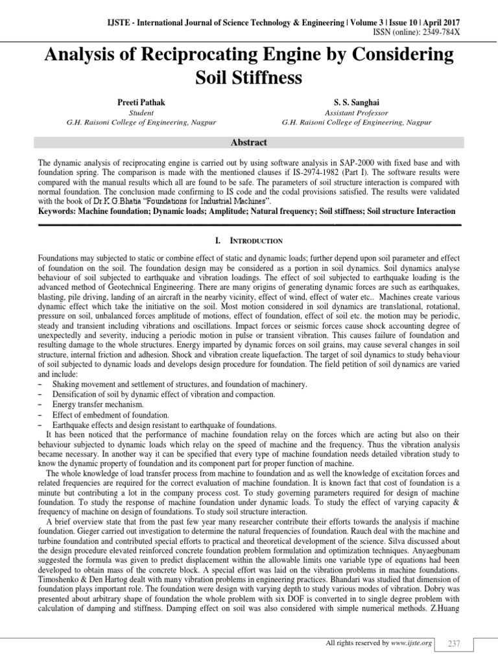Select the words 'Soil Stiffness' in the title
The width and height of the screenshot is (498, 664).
(249, 78)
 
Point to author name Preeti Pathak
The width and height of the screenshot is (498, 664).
(142, 102)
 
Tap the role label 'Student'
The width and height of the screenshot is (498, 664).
(141, 112)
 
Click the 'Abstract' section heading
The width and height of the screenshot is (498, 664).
(249, 142)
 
